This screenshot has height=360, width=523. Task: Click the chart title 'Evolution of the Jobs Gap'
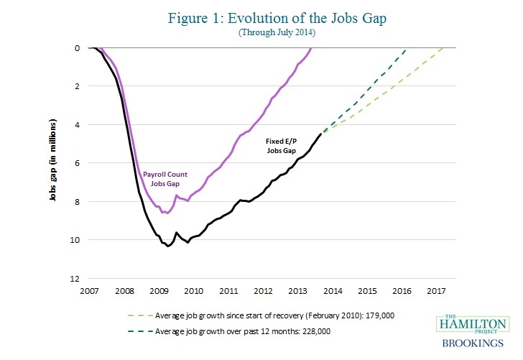click(261, 17)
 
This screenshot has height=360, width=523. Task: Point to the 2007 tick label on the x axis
click(89, 291)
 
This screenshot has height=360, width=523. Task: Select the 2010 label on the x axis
click(193, 291)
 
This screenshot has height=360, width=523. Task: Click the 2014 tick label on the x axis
click(332, 291)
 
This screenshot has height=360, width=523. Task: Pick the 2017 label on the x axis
click(435, 291)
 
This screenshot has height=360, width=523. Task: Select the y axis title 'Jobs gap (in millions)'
click(54, 162)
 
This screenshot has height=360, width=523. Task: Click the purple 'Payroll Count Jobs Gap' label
click(166, 178)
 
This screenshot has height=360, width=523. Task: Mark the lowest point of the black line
click(168, 246)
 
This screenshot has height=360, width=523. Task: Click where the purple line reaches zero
click(311, 48)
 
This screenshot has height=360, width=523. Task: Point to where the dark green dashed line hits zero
click(407, 48)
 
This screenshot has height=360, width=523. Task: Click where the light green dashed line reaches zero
click(444, 48)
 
